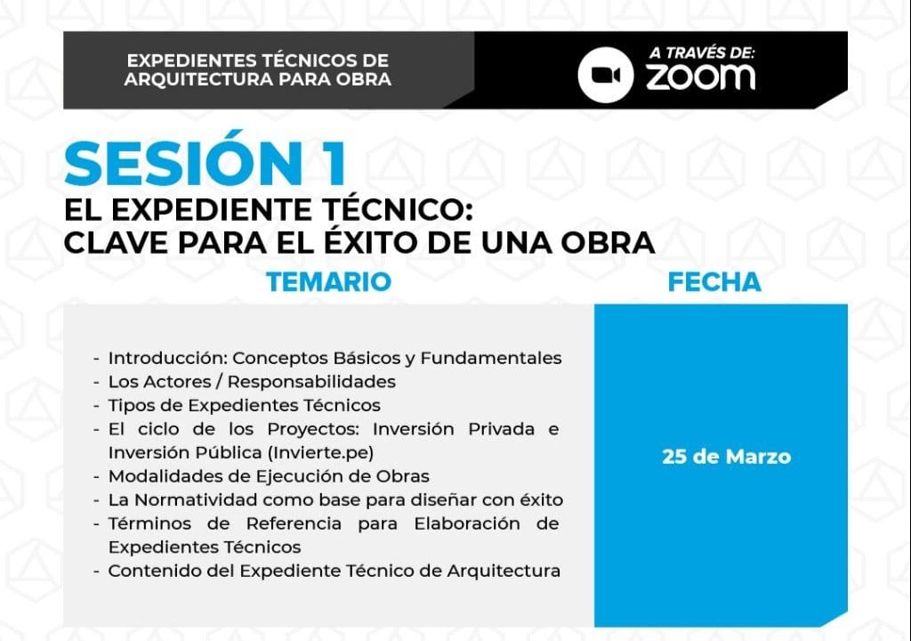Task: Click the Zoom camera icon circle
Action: coord(605,75)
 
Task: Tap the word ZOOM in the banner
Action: coord(701,77)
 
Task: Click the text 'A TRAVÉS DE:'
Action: coord(702,53)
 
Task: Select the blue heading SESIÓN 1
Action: coord(206,163)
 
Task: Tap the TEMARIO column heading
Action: coord(329,282)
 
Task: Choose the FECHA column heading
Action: coord(714,282)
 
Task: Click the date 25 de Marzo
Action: coord(726,457)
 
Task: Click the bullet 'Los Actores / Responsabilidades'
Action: coord(252,382)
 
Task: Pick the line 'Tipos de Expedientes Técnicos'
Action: coord(244,405)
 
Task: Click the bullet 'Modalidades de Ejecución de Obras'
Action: coord(269,476)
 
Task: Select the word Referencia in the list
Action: coord(294,524)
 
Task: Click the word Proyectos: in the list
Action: coord(313,430)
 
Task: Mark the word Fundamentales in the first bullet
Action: coord(491,358)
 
